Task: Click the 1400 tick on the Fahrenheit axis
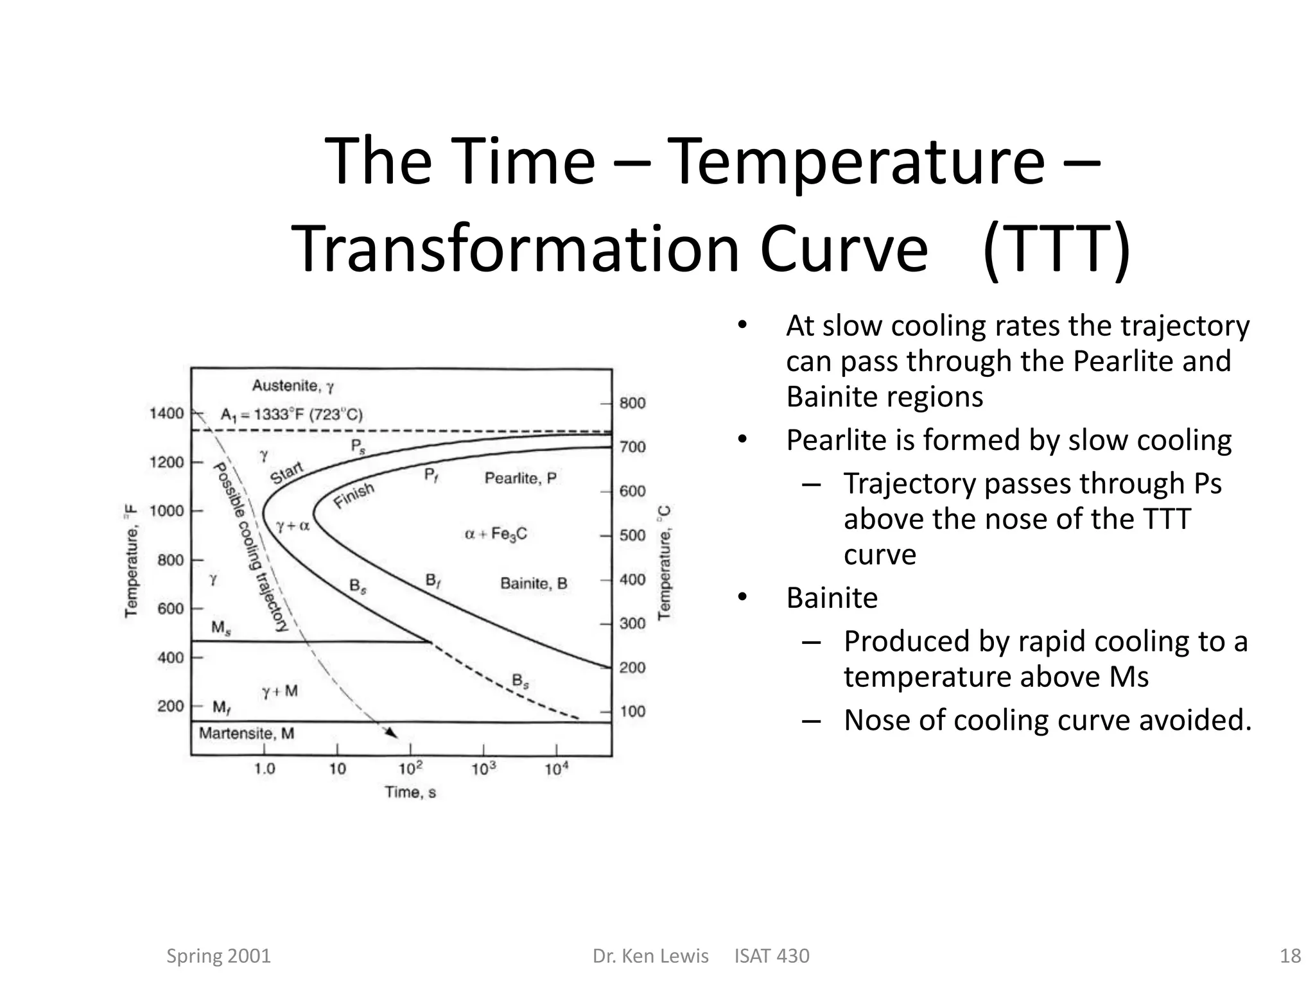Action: tap(167, 413)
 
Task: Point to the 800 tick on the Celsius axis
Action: tap(632, 403)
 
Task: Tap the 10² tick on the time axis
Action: tap(410, 768)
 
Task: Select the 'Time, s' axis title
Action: tap(410, 793)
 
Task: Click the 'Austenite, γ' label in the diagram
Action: tap(293, 386)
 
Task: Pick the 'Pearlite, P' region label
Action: tap(520, 478)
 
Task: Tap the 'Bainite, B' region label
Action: tap(534, 584)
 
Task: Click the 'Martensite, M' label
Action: tap(247, 734)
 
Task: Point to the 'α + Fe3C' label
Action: tap(496, 534)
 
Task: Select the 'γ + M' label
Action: tap(280, 691)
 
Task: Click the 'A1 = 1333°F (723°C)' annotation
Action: tap(292, 415)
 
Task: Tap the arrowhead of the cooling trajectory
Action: tap(392, 734)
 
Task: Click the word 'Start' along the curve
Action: tap(286, 474)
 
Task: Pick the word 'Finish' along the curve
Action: tap(354, 496)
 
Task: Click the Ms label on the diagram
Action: tap(221, 627)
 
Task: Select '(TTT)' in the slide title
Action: tap(1056, 249)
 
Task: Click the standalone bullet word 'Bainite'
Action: tap(832, 598)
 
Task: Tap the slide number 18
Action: tap(1290, 956)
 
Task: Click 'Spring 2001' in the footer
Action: tap(218, 956)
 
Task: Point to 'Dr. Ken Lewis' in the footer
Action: tap(650, 956)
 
